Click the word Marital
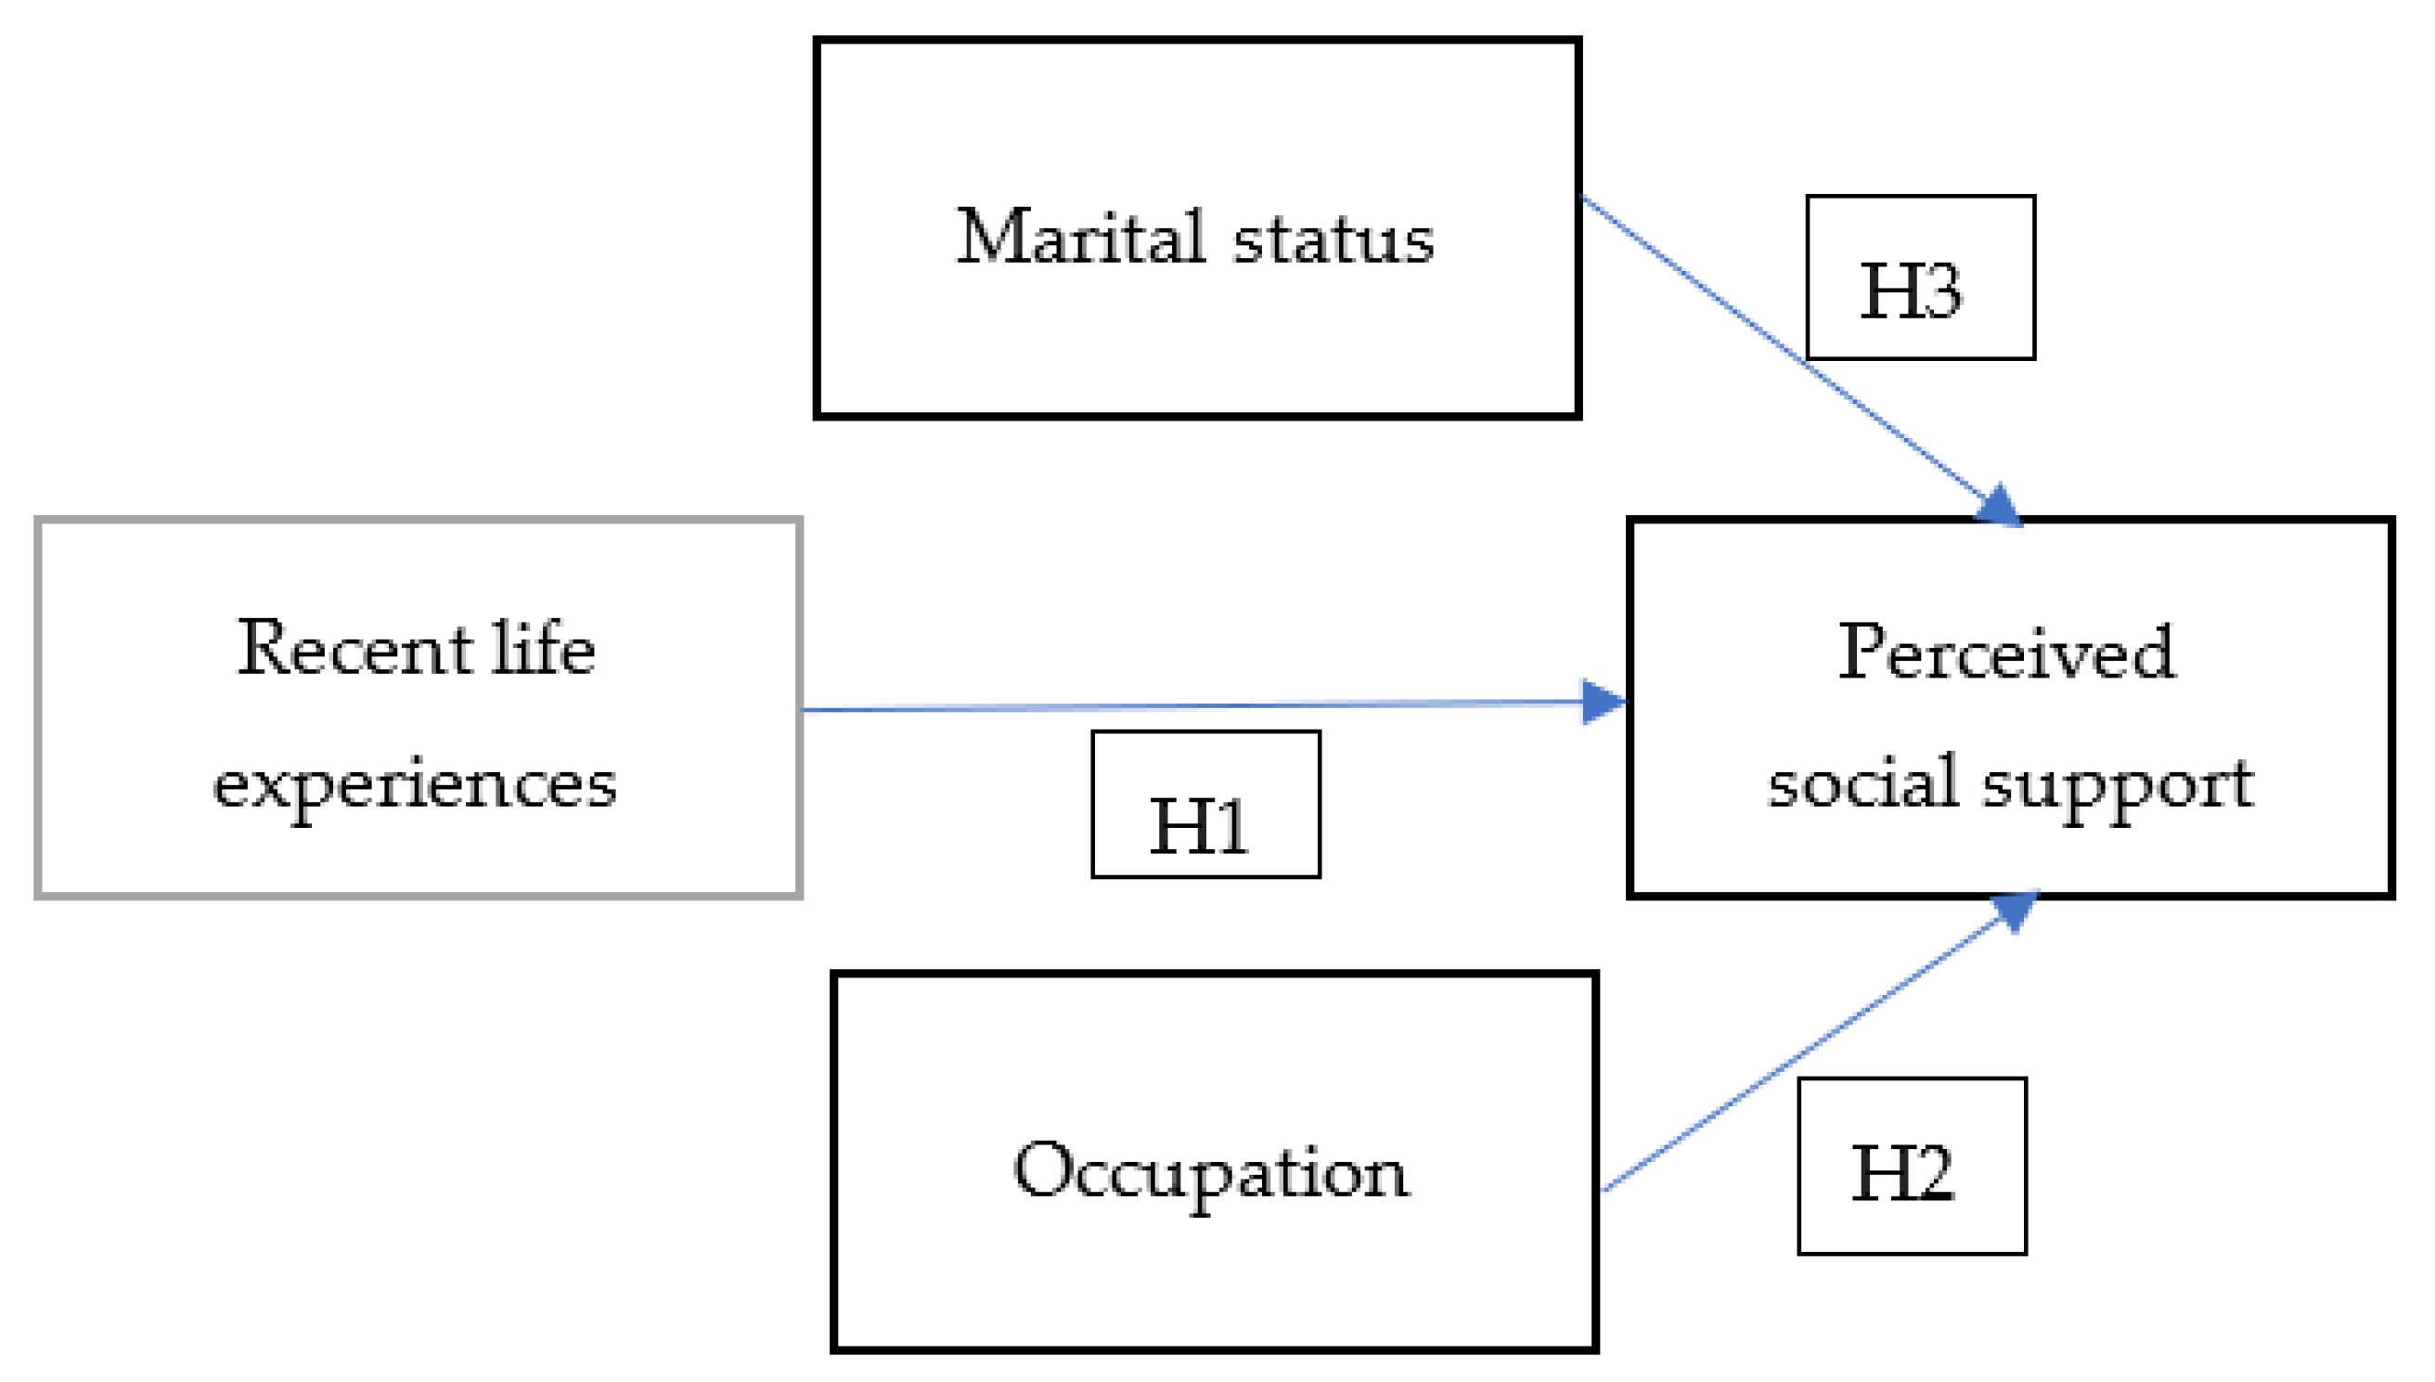tap(1080, 237)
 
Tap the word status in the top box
tap(1333, 239)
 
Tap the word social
tap(1862, 784)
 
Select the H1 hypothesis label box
tap(1205, 804)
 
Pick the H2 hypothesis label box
tap(1912, 1166)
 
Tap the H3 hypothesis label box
tap(1920, 278)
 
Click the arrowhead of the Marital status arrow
tap(1999, 507)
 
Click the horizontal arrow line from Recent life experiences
tap(1186, 706)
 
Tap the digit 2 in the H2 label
tap(1932, 1174)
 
